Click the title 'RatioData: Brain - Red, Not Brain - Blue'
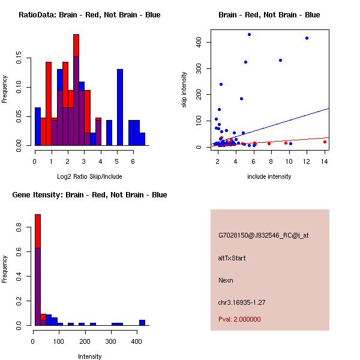(x=89, y=15)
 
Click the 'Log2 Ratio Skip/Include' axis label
(x=89, y=176)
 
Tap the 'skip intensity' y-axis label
(x=184, y=90)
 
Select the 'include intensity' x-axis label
(x=269, y=176)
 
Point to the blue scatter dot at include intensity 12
(x=307, y=38)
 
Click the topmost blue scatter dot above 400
(x=249, y=34)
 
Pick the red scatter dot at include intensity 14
(x=325, y=142)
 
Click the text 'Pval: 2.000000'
(x=239, y=319)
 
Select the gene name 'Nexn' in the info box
(x=226, y=280)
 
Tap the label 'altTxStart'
(x=232, y=258)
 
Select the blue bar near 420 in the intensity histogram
(x=142, y=322)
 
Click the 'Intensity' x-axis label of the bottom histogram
(x=90, y=356)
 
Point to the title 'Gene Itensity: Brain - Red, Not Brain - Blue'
(x=90, y=195)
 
